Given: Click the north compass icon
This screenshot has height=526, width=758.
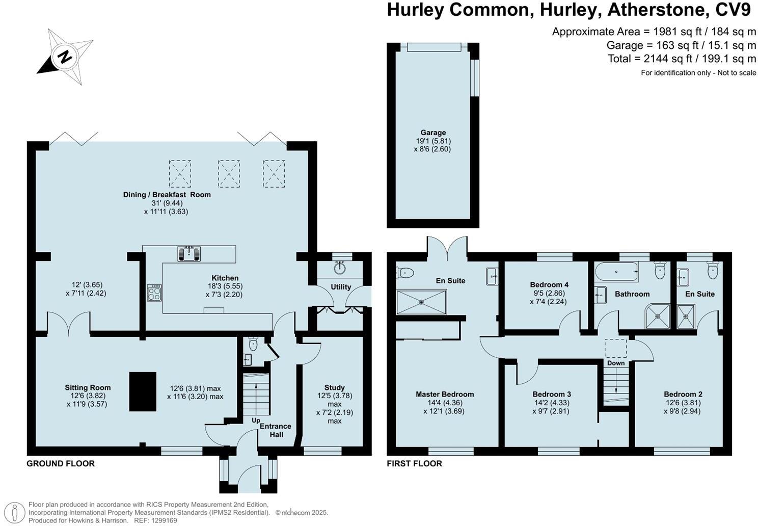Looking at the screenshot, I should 65,57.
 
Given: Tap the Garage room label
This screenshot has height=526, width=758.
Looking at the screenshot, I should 433,133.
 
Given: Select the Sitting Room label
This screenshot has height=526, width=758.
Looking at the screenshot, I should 88,387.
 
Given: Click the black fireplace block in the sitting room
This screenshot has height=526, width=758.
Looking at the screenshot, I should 143,391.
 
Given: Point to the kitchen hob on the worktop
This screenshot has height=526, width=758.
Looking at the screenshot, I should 154,293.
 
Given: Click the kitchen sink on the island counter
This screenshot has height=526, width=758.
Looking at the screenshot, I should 188,253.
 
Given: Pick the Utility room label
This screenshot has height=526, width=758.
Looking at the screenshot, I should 341,287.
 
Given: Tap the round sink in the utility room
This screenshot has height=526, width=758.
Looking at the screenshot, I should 340,268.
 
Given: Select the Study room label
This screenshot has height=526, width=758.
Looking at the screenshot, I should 334,387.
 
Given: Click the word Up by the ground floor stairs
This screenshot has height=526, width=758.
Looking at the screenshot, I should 256,420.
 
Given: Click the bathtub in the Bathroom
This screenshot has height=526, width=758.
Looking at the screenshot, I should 616,272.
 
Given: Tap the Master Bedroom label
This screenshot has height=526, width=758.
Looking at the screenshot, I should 445,394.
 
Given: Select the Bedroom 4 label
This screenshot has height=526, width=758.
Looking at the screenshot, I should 549,284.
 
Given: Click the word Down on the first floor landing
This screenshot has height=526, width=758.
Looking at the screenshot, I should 616,363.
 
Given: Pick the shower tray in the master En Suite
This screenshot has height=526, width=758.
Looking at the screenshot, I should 421,302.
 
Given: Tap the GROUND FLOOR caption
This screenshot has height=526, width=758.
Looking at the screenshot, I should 61,463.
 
